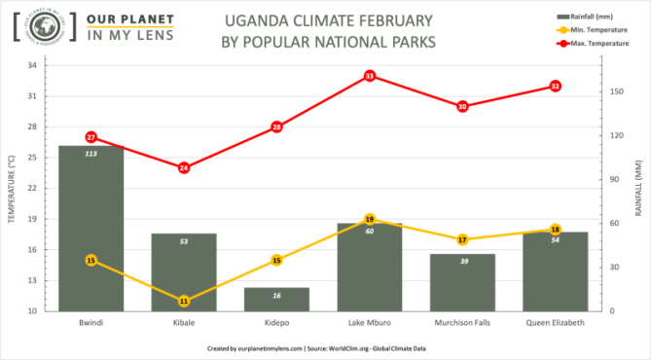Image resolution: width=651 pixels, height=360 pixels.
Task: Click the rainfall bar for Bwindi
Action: point(90,229)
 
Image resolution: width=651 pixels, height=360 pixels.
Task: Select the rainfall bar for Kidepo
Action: point(276,300)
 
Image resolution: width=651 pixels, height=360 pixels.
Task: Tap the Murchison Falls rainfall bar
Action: point(462,283)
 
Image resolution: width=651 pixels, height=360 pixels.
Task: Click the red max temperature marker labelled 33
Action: point(370,76)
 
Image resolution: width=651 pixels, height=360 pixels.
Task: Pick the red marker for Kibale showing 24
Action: point(184,167)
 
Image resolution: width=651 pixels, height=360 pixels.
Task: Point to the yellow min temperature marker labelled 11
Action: point(184,301)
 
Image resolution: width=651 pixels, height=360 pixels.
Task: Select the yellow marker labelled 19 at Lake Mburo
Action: point(370,220)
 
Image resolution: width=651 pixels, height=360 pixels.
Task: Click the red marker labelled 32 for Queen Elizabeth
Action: point(555,86)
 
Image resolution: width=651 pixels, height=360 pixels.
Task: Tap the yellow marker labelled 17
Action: point(462,239)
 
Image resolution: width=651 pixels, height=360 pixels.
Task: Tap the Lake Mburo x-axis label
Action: point(370,323)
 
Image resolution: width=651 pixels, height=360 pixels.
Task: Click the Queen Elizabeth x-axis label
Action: point(555,323)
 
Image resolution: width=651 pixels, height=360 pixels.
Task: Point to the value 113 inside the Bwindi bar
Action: point(90,154)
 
